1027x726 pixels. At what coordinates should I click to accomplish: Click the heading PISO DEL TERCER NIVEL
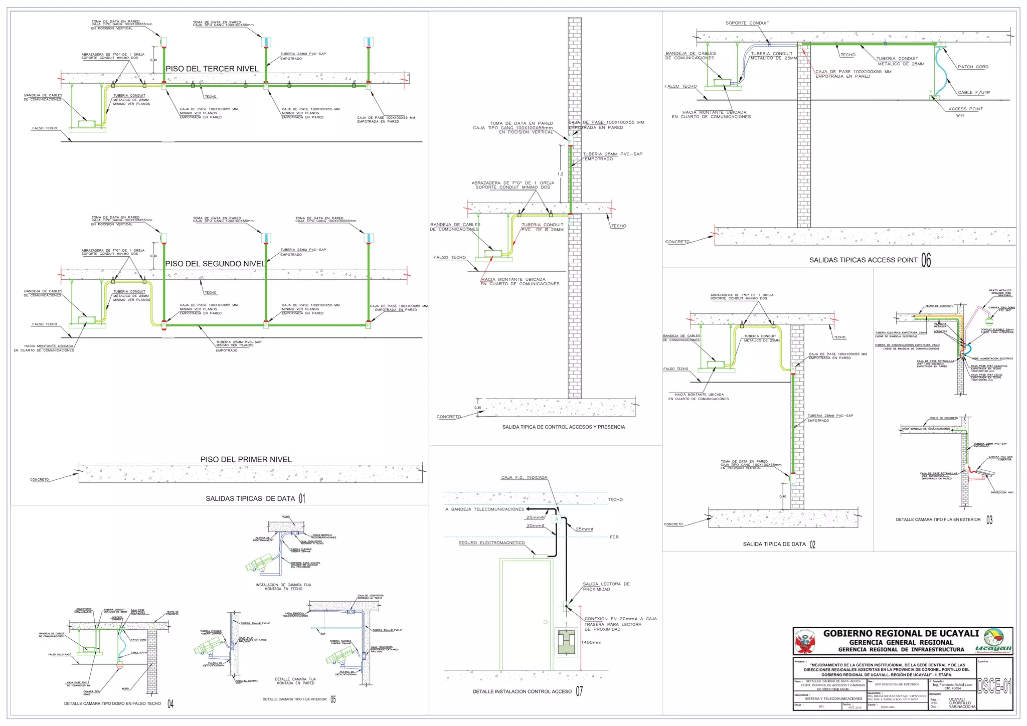click(212, 69)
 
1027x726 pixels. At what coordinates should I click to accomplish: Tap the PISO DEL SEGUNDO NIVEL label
click(215, 264)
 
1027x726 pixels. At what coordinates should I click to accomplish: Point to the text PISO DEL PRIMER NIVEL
click(246, 459)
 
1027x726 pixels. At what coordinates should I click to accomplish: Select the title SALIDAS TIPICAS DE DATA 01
click(255, 498)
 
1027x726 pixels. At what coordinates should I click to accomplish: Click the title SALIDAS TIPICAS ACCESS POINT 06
click(870, 260)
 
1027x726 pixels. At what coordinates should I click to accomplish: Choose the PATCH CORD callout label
click(972, 67)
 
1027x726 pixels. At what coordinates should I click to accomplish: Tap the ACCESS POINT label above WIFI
click(965, 109)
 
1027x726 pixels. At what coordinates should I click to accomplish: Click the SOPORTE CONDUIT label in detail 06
click(747, 23)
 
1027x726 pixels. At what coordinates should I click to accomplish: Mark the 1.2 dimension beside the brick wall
click(560, 174)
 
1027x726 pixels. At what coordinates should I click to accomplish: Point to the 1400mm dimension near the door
click(591, 642)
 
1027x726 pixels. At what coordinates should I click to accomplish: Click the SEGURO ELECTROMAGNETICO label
click(491, 542)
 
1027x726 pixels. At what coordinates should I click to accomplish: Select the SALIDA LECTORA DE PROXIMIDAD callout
click(606, 587)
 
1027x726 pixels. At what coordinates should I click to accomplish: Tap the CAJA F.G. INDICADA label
click(524, 477)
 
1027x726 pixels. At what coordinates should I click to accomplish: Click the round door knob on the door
click(545, 622)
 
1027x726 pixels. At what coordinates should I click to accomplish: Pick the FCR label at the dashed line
click(614, 537)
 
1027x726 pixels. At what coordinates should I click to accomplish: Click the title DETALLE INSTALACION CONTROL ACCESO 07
click(527, 691)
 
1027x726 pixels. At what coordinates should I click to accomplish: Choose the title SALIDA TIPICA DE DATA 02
click(779, 544)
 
